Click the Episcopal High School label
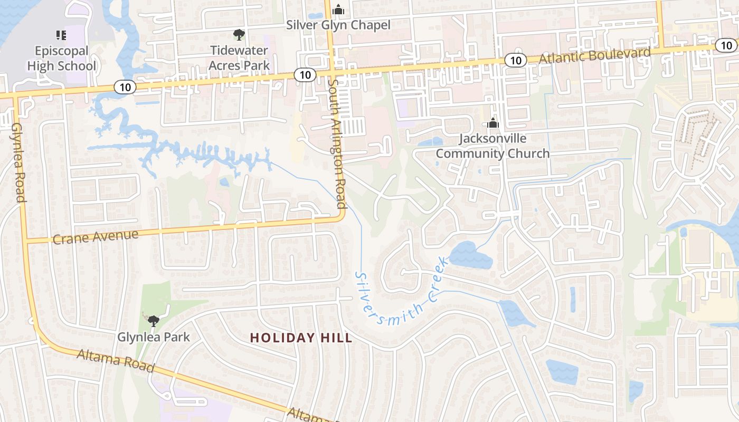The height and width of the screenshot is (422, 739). click(62, 59)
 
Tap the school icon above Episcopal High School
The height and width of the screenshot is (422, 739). click(61, 35)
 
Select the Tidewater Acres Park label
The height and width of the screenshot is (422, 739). click(239, 58)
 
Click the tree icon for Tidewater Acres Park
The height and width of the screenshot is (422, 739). click(239, 35)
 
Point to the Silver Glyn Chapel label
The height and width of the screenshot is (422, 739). click(338, 25)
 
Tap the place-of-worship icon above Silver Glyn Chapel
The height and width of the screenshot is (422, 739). click(338, 9)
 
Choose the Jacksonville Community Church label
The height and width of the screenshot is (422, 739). click(492, 146)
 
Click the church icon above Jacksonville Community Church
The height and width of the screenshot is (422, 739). click(493, 123)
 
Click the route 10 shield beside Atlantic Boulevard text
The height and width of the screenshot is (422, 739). click(516, 60)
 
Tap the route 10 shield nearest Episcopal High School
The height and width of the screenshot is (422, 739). click(125, 87)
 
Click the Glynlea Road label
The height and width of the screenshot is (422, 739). click(17, 162)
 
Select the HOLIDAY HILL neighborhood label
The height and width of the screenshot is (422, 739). click(301, 338)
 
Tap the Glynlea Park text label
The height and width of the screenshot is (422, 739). click(153, 337)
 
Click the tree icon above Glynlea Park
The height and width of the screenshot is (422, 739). click(153, 320)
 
